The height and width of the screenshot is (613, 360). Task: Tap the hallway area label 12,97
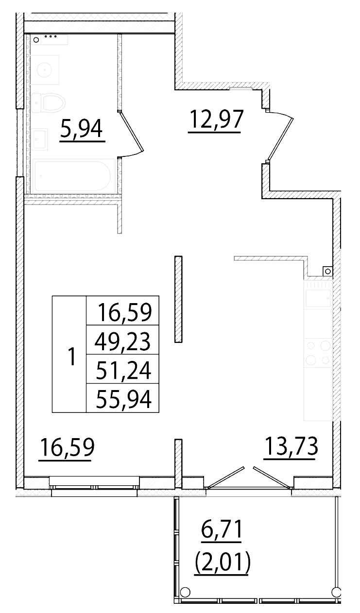[x=214, y=120]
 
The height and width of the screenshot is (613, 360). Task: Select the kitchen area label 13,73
[x=291, y=446]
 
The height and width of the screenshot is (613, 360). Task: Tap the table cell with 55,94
[x=123, y=399]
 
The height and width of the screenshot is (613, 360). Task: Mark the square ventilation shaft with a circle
[x=327, y=271]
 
